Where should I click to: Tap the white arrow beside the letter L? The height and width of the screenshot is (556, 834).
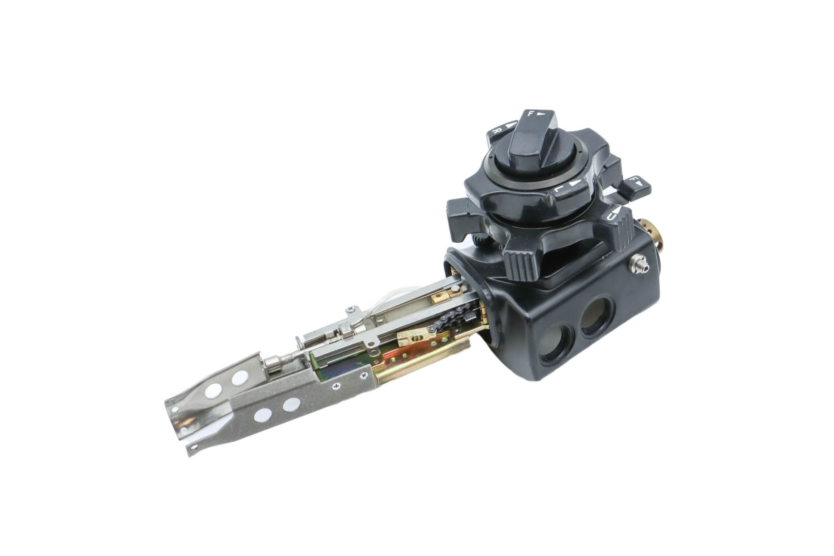[575, 183]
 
